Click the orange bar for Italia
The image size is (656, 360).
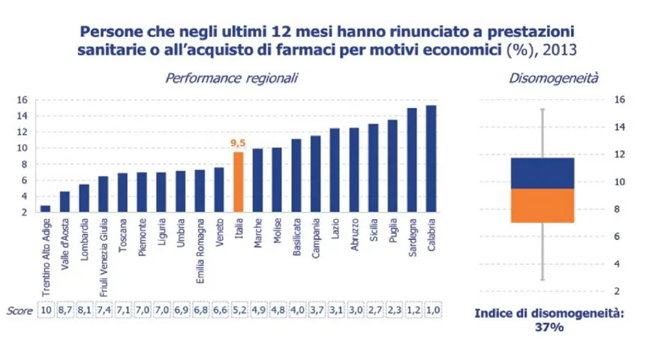(x=239, y=182)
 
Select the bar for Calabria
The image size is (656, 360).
(x=431, y=159)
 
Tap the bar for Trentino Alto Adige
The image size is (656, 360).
(x=45, y=208)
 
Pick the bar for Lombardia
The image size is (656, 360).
(x=84, y=199)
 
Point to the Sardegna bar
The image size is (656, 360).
(x=411, y=160)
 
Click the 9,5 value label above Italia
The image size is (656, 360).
(x=239, y=142)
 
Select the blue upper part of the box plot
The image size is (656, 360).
(x=542, y=172)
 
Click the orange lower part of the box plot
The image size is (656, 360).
(x=542, y=205)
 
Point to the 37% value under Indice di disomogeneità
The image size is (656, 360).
(x=543, y=328)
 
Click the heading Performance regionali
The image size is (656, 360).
(x=232, y=77)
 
